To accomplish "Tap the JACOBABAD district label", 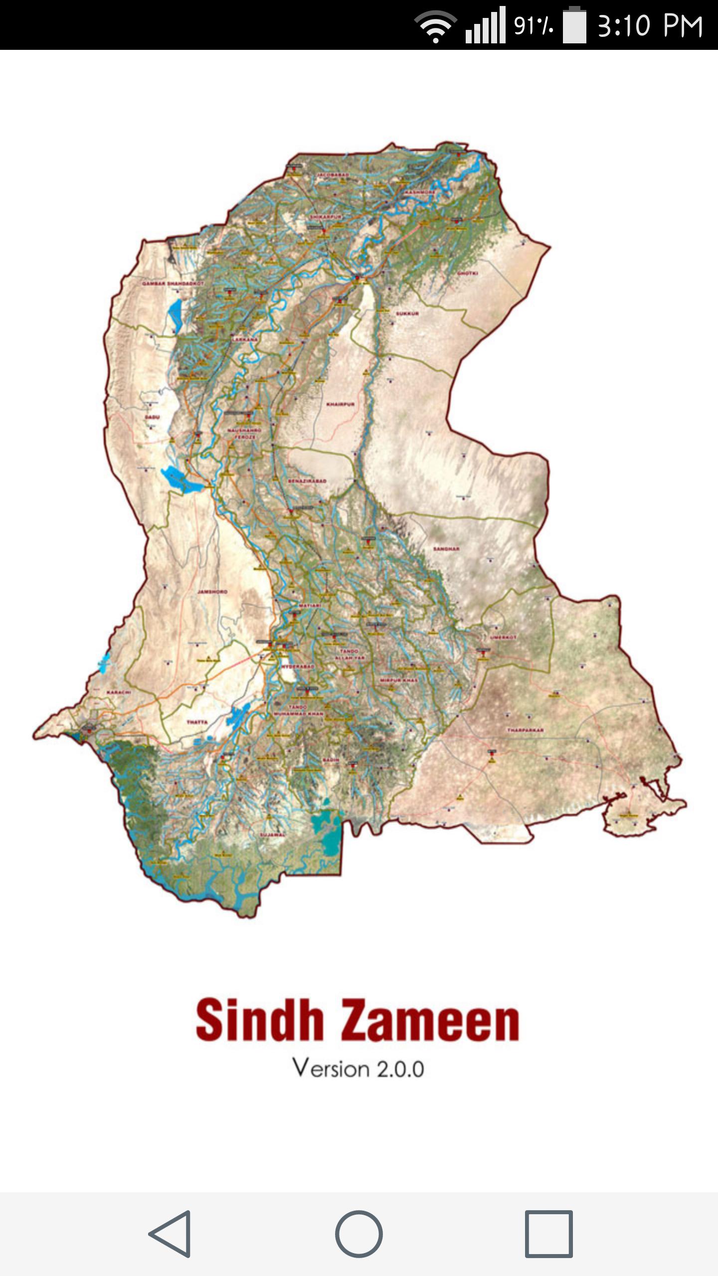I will tap(333, 175).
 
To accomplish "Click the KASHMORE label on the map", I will tap(419, 192).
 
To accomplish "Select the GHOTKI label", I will tap(468, 274).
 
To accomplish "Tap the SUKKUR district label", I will tap(407, 314).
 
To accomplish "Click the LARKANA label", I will tap(245, 339).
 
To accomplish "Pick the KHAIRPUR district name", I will tap(341, 404).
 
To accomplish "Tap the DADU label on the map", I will tap(152, 417).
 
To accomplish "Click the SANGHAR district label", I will tap(446, 549).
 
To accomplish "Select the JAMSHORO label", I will tap(212, 592).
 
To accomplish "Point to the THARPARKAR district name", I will tap(525, 730).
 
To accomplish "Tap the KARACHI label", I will tap(119, 692).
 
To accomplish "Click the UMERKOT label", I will tap(503, 638).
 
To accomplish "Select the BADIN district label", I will tap(331, 760).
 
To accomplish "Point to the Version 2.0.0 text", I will tap(358, 1069).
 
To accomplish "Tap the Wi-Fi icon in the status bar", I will tap(435, 26).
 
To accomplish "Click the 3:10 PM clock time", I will tap(650, 26).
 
